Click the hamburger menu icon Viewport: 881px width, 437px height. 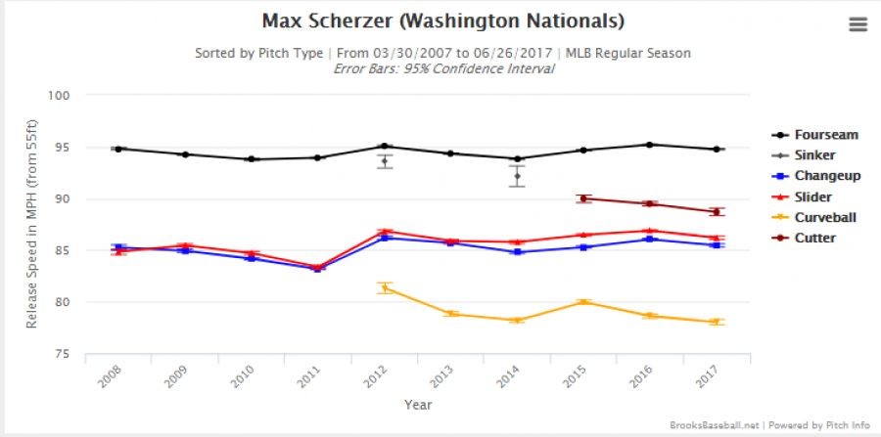[858, 25]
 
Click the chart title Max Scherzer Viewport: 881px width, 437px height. [442, 21]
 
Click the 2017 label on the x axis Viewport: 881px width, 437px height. [712, 376]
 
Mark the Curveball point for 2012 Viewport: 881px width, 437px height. [385, 287]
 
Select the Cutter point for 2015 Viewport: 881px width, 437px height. [583, 198]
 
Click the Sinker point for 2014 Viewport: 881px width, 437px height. [517, 176]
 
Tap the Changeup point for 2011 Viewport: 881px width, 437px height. [318, 268]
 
